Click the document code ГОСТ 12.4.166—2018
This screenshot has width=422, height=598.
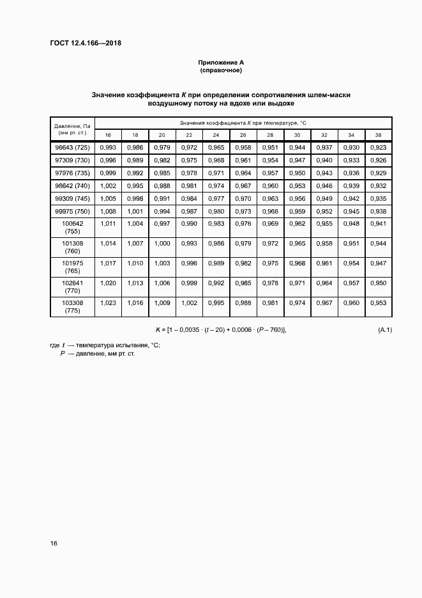click(x=85, y=43)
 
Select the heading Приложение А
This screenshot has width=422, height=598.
click(x=221, y=63)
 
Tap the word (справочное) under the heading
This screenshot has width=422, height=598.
click(x=221, y=70)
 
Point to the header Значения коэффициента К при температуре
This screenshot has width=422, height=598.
click(x=243, y=122)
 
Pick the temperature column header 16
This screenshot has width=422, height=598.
click(x=108, y=135)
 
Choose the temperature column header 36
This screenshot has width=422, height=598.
click(x=378, y=135)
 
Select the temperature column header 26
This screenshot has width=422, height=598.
click(x=243, y=135)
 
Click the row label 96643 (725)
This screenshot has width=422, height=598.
click(x=72, y=148)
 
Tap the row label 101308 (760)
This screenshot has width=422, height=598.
click(x=72, y=248)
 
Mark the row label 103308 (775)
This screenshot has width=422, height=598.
click(x=72, y=306)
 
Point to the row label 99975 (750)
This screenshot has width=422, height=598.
click(x=72, y=211)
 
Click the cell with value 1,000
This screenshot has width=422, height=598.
click(x=162, y=244)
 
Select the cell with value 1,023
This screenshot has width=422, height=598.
click(x=108, y=303)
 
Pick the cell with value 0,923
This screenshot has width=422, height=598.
click(x=378, y=148)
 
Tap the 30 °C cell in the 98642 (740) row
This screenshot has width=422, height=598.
click(x=297, y=185)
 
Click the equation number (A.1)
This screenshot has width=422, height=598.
click(x=385, y=329)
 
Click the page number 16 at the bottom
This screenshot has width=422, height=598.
click(x=54, y=544)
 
